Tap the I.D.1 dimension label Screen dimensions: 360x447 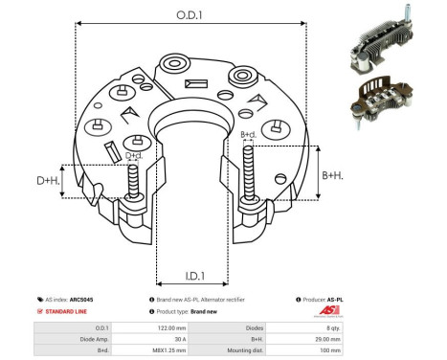coord(190,277)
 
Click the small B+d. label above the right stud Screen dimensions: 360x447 coord(248,135)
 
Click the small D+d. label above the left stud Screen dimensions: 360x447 coord(134,155)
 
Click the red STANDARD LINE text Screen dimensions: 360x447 coord(68,312)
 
